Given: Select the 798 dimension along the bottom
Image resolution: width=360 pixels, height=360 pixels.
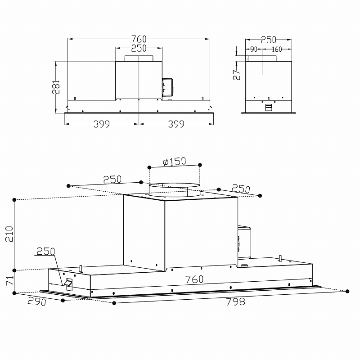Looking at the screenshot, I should [236, 301].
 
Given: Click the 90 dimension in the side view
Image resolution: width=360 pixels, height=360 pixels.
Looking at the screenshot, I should [253, 49].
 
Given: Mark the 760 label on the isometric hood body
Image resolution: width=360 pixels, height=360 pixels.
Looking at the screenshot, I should [194, 279].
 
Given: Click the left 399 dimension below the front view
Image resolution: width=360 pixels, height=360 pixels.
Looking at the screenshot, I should [102, 124].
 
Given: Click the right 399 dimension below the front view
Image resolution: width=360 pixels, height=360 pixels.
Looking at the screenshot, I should [175, 124].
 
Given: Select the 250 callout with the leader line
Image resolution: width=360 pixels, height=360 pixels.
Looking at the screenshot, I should [45, 251].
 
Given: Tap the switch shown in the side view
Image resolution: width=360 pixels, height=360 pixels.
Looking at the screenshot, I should [268, 107].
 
